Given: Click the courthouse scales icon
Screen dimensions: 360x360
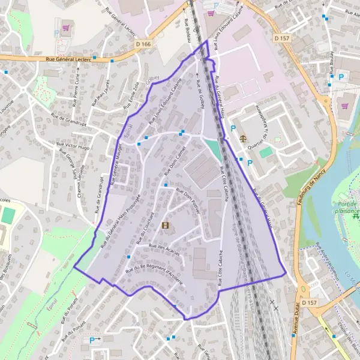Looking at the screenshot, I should pos(242,137).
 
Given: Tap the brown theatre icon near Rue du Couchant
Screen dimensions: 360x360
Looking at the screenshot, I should pos(165,226).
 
